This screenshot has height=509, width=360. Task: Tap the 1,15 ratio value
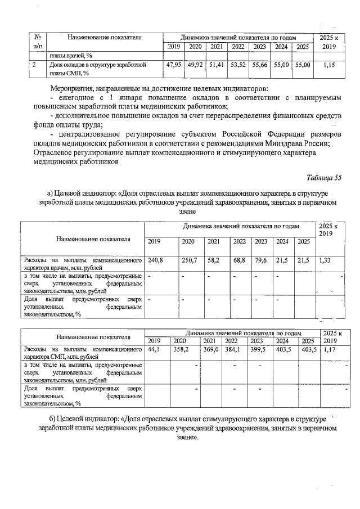click(325, 65)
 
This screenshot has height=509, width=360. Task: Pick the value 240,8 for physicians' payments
click(155, 260)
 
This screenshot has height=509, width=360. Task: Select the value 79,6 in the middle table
click(260, 260)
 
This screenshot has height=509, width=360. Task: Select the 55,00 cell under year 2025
click(303, 65)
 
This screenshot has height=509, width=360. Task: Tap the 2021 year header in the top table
click(217, 46)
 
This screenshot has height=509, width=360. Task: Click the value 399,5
click(256, 349)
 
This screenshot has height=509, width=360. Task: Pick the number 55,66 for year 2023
click(260, 65)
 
